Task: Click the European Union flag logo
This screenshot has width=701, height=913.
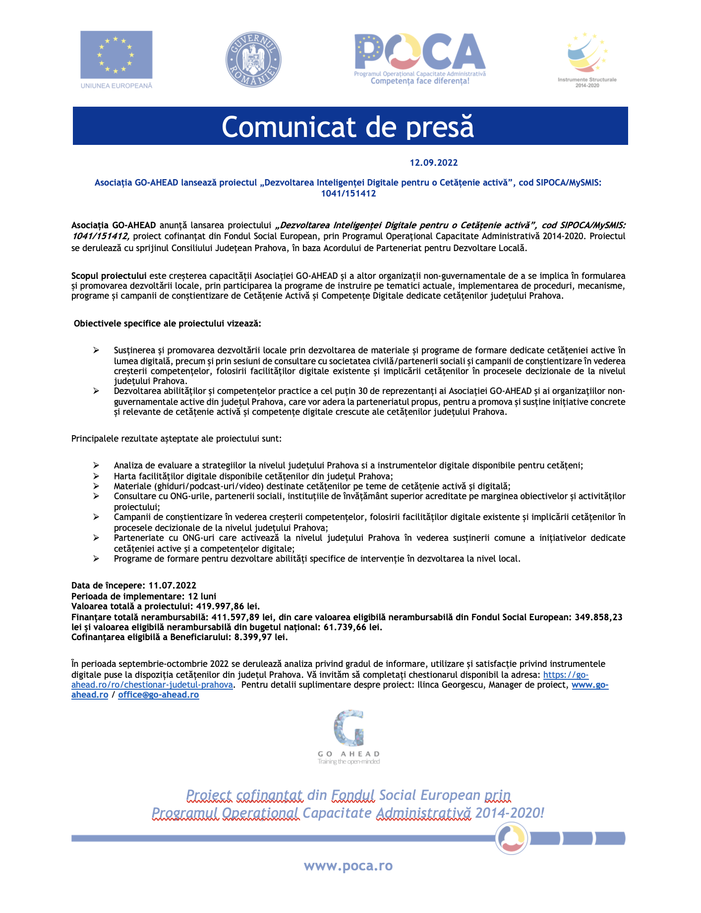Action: (x=117, y=55)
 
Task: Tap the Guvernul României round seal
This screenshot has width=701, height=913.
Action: (x=253, y=60)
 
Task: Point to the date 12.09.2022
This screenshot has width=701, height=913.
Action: (x=433, y=163)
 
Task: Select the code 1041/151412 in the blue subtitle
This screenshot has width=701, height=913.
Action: (x=348, y=194)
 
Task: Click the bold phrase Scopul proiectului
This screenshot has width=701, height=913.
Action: (x=109, y=276)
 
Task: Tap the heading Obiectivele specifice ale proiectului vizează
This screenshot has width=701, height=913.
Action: (x=167, y=324)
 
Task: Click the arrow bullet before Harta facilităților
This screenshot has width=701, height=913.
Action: (x=96, y=476)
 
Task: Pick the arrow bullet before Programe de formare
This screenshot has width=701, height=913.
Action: (x=96, y=559)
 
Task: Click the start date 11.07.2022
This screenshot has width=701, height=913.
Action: (x=172, y=586)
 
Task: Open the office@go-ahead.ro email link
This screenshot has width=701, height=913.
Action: (x=158, y=695)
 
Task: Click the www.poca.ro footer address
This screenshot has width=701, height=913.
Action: (x=348, y=866)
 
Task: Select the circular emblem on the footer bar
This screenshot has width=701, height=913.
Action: (x=512, y=839)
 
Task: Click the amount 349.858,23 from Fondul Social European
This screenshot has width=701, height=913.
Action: (x=598, y=617)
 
